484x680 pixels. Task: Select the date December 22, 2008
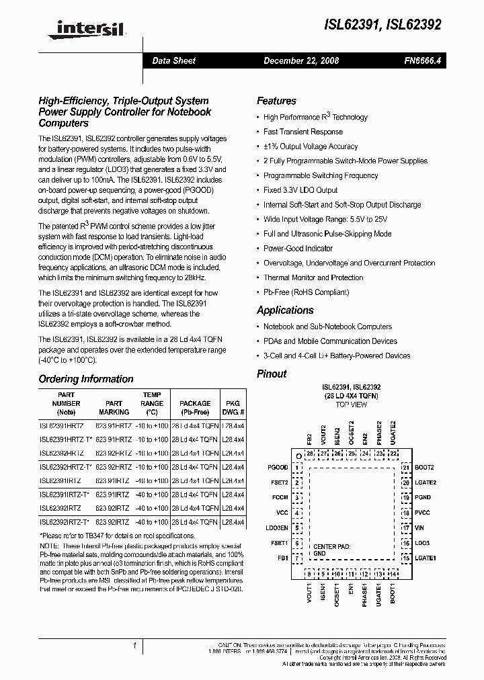coord(301,60)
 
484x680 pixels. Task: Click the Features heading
coord(276,101)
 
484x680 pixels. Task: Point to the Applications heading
coord(285,310)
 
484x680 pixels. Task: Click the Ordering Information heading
coord(86,379)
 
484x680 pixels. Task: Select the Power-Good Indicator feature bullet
coord(298,249)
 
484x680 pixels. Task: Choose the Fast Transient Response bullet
coord(302,132)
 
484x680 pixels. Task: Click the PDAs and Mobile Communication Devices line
coord(330,341)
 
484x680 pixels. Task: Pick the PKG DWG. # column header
coord(233,408)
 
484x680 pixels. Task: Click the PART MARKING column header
coord(114,408)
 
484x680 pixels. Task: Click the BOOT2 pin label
coord(425,467)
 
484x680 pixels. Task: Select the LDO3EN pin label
coord(276,528)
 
